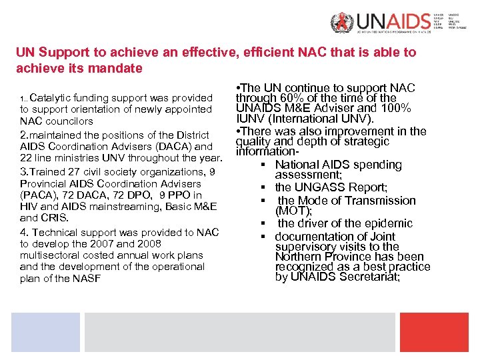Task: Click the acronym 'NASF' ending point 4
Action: point(87,279)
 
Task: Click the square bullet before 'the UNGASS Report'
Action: point(265,188)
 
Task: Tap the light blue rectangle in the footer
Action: point(45,332)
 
